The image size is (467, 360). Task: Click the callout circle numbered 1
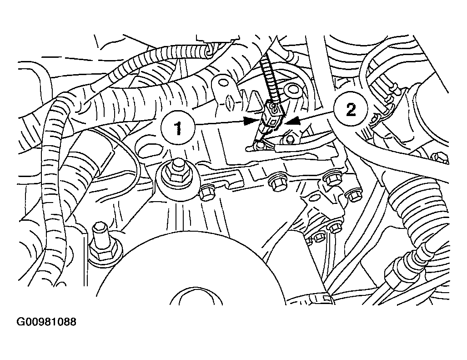[x=178, y=128]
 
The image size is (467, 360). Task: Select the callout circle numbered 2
[x=351, y=110]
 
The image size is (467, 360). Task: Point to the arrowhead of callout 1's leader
[x=250, y=121]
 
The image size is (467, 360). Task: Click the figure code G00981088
[x=46, y=322]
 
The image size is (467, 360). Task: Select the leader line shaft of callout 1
[x=219, y=122]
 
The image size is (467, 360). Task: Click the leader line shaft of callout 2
[x=316, y=116]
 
